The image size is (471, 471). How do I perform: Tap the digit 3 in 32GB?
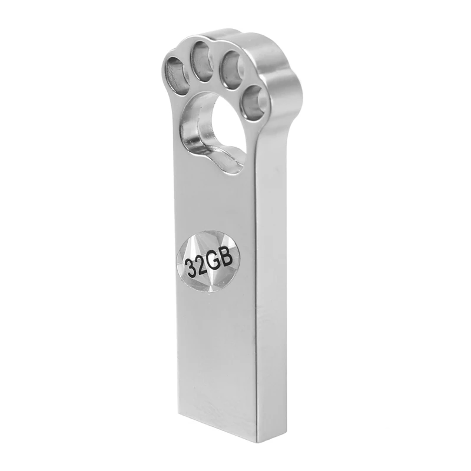point(191,266)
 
